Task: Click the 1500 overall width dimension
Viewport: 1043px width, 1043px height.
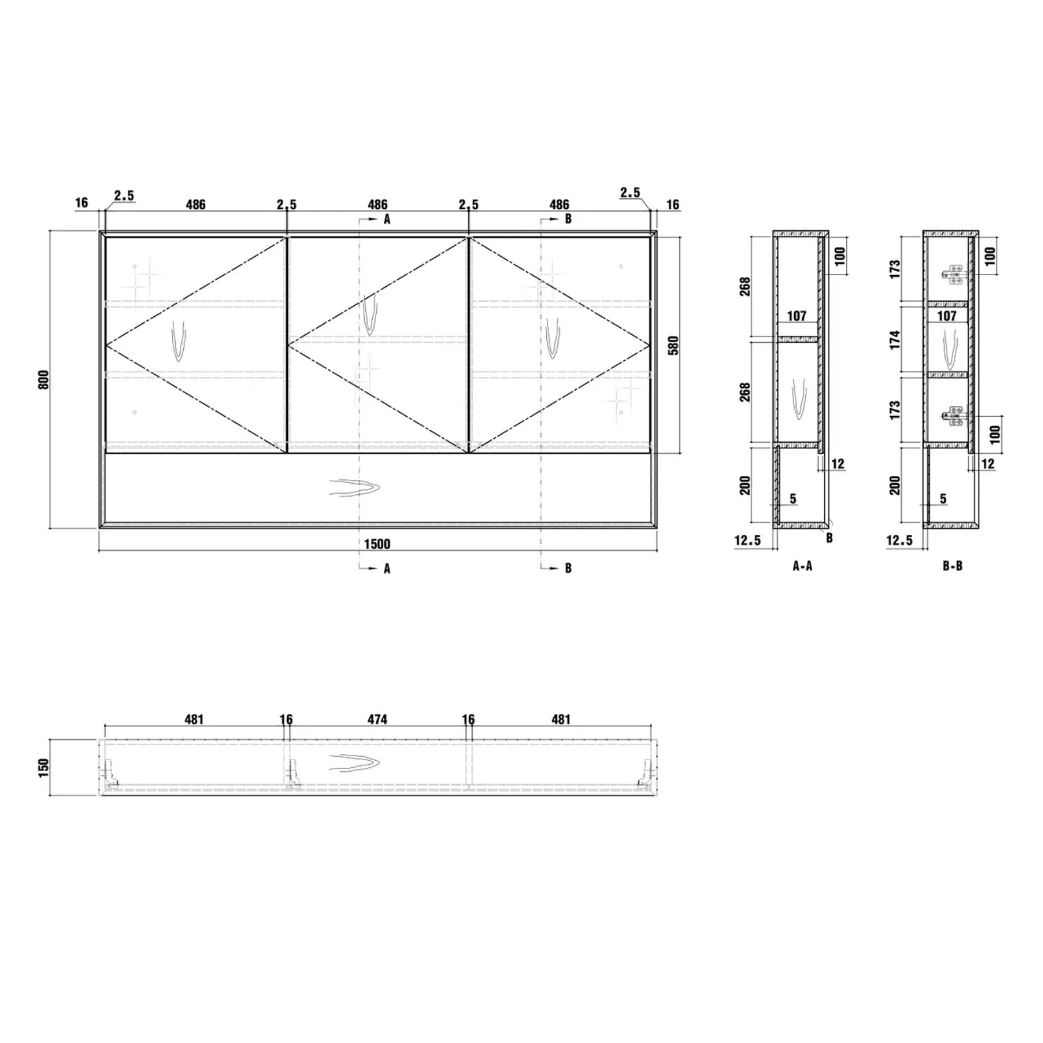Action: [377, 544]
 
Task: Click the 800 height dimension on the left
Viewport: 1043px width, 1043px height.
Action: [44, 379]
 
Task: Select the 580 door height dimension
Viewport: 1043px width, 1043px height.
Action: [673, 345]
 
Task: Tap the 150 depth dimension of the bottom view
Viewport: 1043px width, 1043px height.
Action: [44, 767]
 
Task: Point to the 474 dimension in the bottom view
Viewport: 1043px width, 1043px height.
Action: [377, 720]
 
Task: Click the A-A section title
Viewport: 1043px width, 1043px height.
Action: [802, 566]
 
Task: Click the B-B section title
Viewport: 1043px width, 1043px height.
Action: [952, 566]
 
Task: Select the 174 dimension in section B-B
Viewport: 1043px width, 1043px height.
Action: [895, 339]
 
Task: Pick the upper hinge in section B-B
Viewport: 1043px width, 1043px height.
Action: [954, 275]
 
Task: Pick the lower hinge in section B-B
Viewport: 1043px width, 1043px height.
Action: [954, 415]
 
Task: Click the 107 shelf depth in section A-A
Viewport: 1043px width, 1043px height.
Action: [797, 316]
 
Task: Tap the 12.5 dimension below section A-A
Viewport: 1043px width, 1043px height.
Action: [747, 540]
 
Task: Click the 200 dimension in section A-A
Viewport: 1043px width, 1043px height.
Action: [745, 485]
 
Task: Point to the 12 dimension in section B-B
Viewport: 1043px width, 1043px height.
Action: [988, 463]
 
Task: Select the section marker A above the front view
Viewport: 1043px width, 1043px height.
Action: [387, 220]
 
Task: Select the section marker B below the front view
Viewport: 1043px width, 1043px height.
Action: [568, 568]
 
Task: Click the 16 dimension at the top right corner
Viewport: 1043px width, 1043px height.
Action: [673, 205]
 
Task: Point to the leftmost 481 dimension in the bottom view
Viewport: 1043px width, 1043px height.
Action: [194, 720]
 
